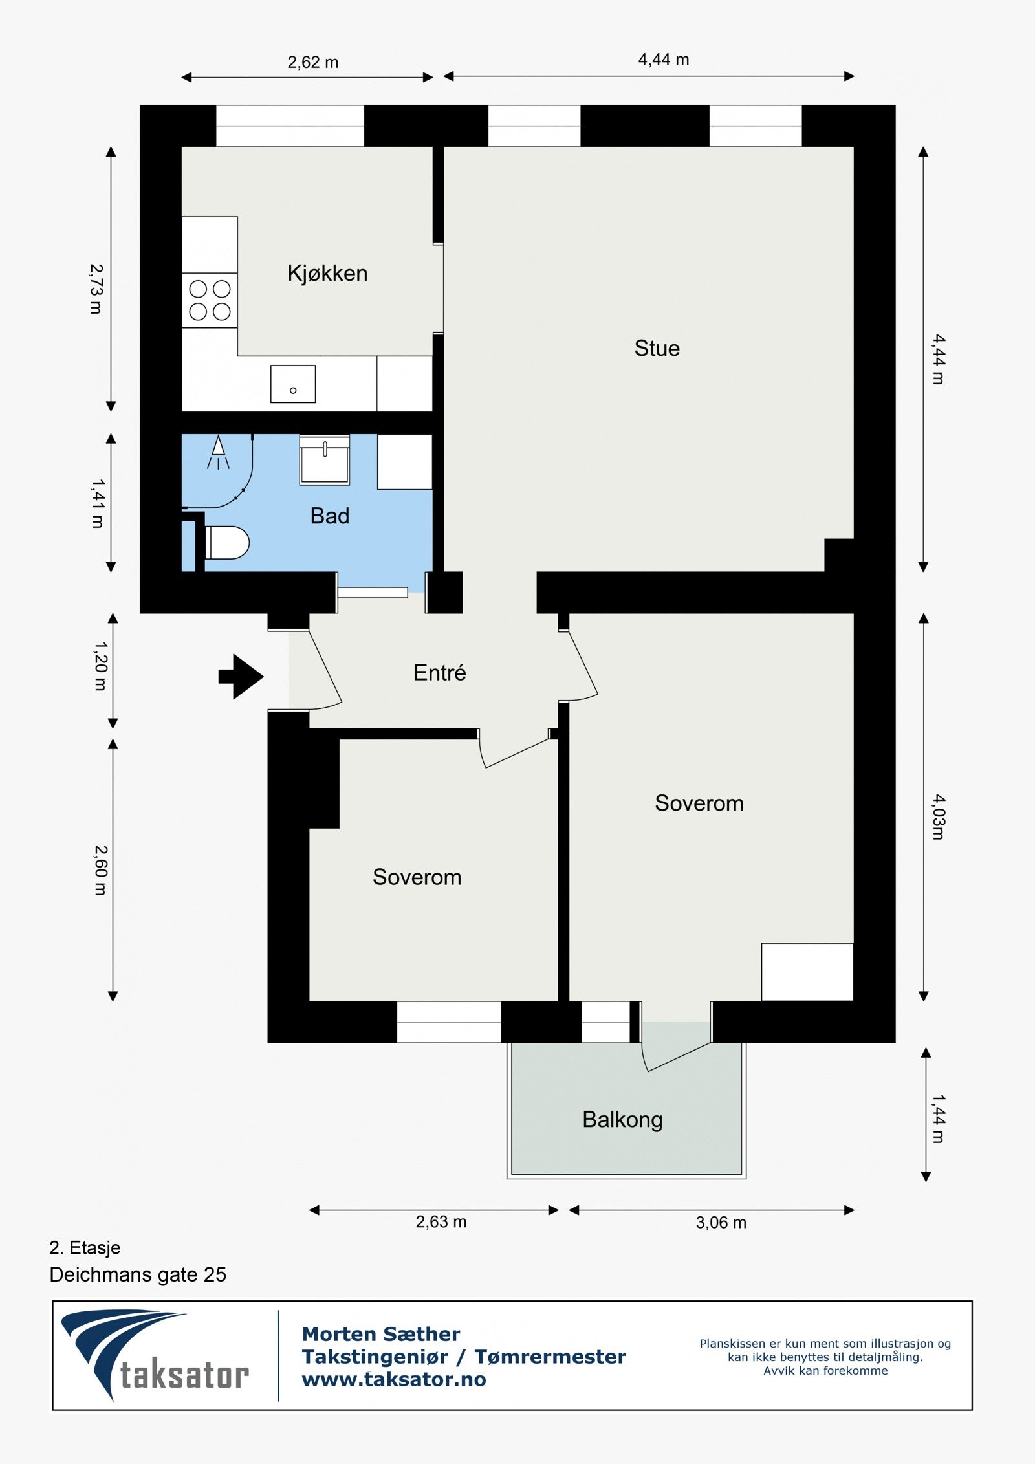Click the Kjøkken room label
pyautogui.click(x=327, y=274)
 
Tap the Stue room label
pyautogui.click(x=657, y=348)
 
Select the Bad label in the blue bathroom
pyautogui.click(x=330, y=516)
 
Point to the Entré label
pyautogui.click(x=440, y=672)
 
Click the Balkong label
pyautogui.click(x=622, y=1120)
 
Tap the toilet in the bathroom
pyautogui.click(x=227, y=542)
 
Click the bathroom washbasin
pyautogui.click(x=325, y=459)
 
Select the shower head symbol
pyautogui.click(x=218, y=452)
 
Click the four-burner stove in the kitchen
pyautogui.click(x=210, y=300)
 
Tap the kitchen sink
pyautogui.click(x=293, y=384)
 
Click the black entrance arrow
pyautogui.click(x=241, y=677)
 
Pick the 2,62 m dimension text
pyautogui.click(x=313, y=62)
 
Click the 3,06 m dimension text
pyautogui.click(x=721, y=1222)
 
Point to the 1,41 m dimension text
pyautogui.click(x=97, y=503)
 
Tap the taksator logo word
pyautogui.click(x=185, y=1375)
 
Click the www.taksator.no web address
pyautogui.click(x=394, y=1379)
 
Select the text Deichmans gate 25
pyautogui.click(x=138, y=1274)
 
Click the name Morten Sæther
pyautogui.click(x=381, y=1334)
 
